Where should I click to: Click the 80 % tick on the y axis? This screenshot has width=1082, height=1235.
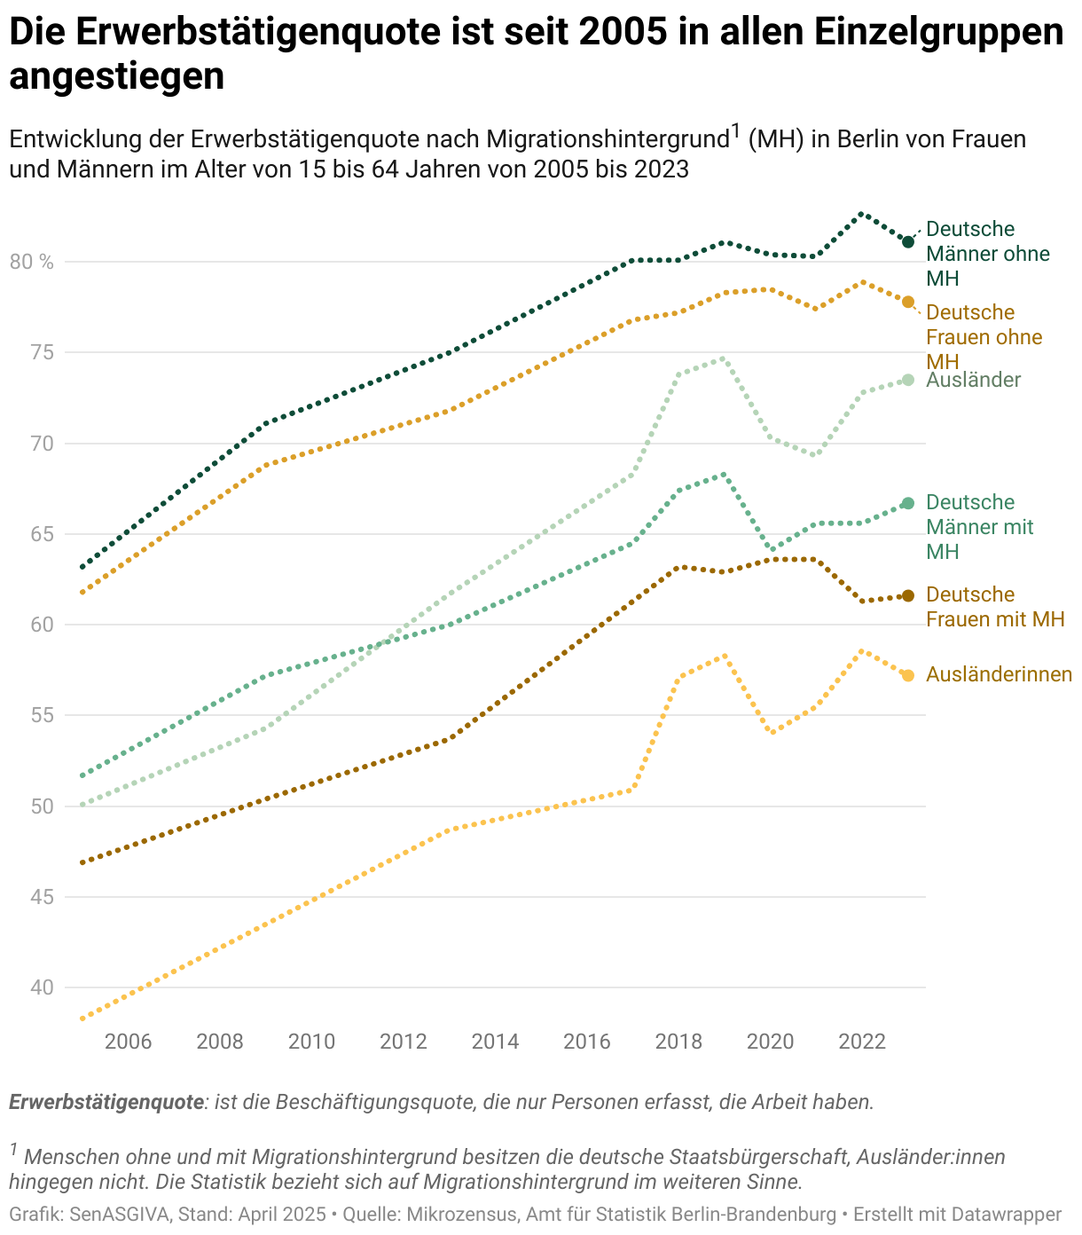coord(32,262)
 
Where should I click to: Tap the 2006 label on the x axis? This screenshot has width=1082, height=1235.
coord(129,1041)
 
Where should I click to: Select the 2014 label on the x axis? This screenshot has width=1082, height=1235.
coord(495,1041)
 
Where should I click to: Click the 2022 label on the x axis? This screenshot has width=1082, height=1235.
coord(861,1041)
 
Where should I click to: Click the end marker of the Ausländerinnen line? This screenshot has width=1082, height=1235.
coord(907,675)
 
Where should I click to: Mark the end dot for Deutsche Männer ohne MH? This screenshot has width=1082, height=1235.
coord(908,241)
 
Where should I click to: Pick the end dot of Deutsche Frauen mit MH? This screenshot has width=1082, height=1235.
coord(907,595)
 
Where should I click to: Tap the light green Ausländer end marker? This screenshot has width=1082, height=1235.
coord(907,380)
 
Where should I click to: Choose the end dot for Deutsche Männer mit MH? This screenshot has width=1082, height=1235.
coord(907,503)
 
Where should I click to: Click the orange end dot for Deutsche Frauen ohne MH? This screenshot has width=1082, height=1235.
coord(907,302)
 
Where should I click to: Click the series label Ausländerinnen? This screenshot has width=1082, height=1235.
coord(999,674)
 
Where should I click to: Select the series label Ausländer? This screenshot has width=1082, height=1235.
coord(973,380)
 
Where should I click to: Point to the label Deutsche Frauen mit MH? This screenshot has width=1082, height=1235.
coord(994,607)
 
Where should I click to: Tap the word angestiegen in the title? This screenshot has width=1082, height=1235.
coord(116,76)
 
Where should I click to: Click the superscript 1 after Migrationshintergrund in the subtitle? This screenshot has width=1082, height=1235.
coord(735,131)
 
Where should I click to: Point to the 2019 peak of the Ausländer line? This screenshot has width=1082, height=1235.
coord(725,358)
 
